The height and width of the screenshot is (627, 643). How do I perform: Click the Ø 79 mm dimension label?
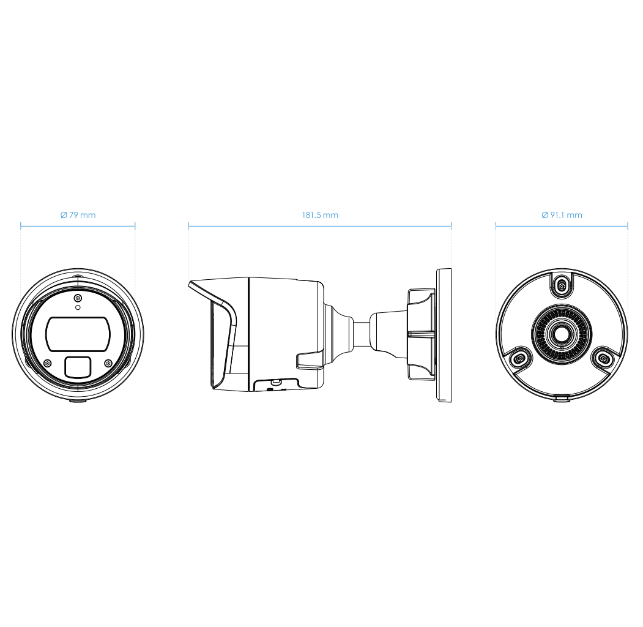point(78,215)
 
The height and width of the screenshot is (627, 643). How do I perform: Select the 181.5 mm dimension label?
point(319,215)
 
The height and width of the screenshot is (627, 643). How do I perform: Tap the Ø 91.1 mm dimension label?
point(562,215)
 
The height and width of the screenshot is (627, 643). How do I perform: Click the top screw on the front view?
point(77,298)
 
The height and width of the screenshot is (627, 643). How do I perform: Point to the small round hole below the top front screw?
point(77,307)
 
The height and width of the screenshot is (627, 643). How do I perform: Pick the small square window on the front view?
point(77,366)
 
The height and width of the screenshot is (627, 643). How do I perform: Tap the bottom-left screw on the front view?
point(48,362)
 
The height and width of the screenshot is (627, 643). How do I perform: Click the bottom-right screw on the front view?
point(108,362)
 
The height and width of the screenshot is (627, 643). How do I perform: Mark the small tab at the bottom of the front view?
point(78,401)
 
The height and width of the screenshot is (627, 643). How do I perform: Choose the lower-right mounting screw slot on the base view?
point(603,358)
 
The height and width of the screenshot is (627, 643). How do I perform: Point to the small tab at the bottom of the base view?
point(562,399)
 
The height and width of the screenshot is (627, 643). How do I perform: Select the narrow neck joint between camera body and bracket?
point(363,334)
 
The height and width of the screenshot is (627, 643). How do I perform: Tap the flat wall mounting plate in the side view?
point(443,335)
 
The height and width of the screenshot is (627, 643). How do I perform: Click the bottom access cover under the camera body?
point(275,385)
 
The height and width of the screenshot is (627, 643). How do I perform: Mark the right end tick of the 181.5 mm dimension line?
point(451,226)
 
